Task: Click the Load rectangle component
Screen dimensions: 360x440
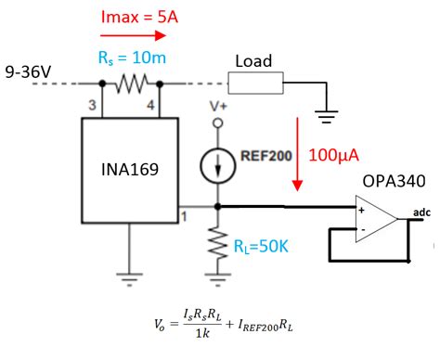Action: pyautogui.click(x=257, y=84)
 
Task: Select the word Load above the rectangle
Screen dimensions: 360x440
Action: pyautogui.click(x=253, y=61)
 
